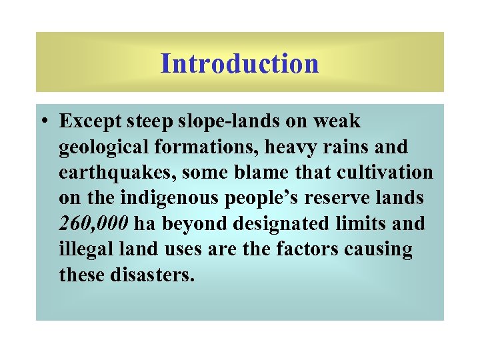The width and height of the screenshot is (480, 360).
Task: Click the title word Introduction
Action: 240,64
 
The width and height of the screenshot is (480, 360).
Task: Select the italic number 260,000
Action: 93,223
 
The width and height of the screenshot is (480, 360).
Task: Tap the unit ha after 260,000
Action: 144,223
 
